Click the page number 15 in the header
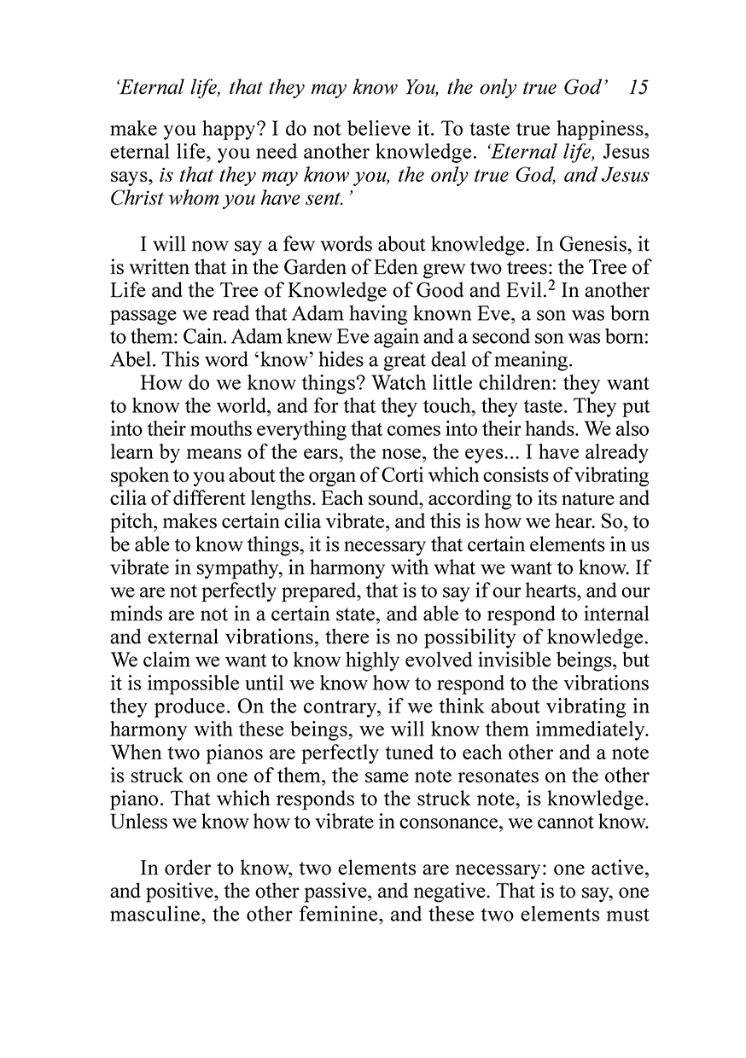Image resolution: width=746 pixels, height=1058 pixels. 638,88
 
